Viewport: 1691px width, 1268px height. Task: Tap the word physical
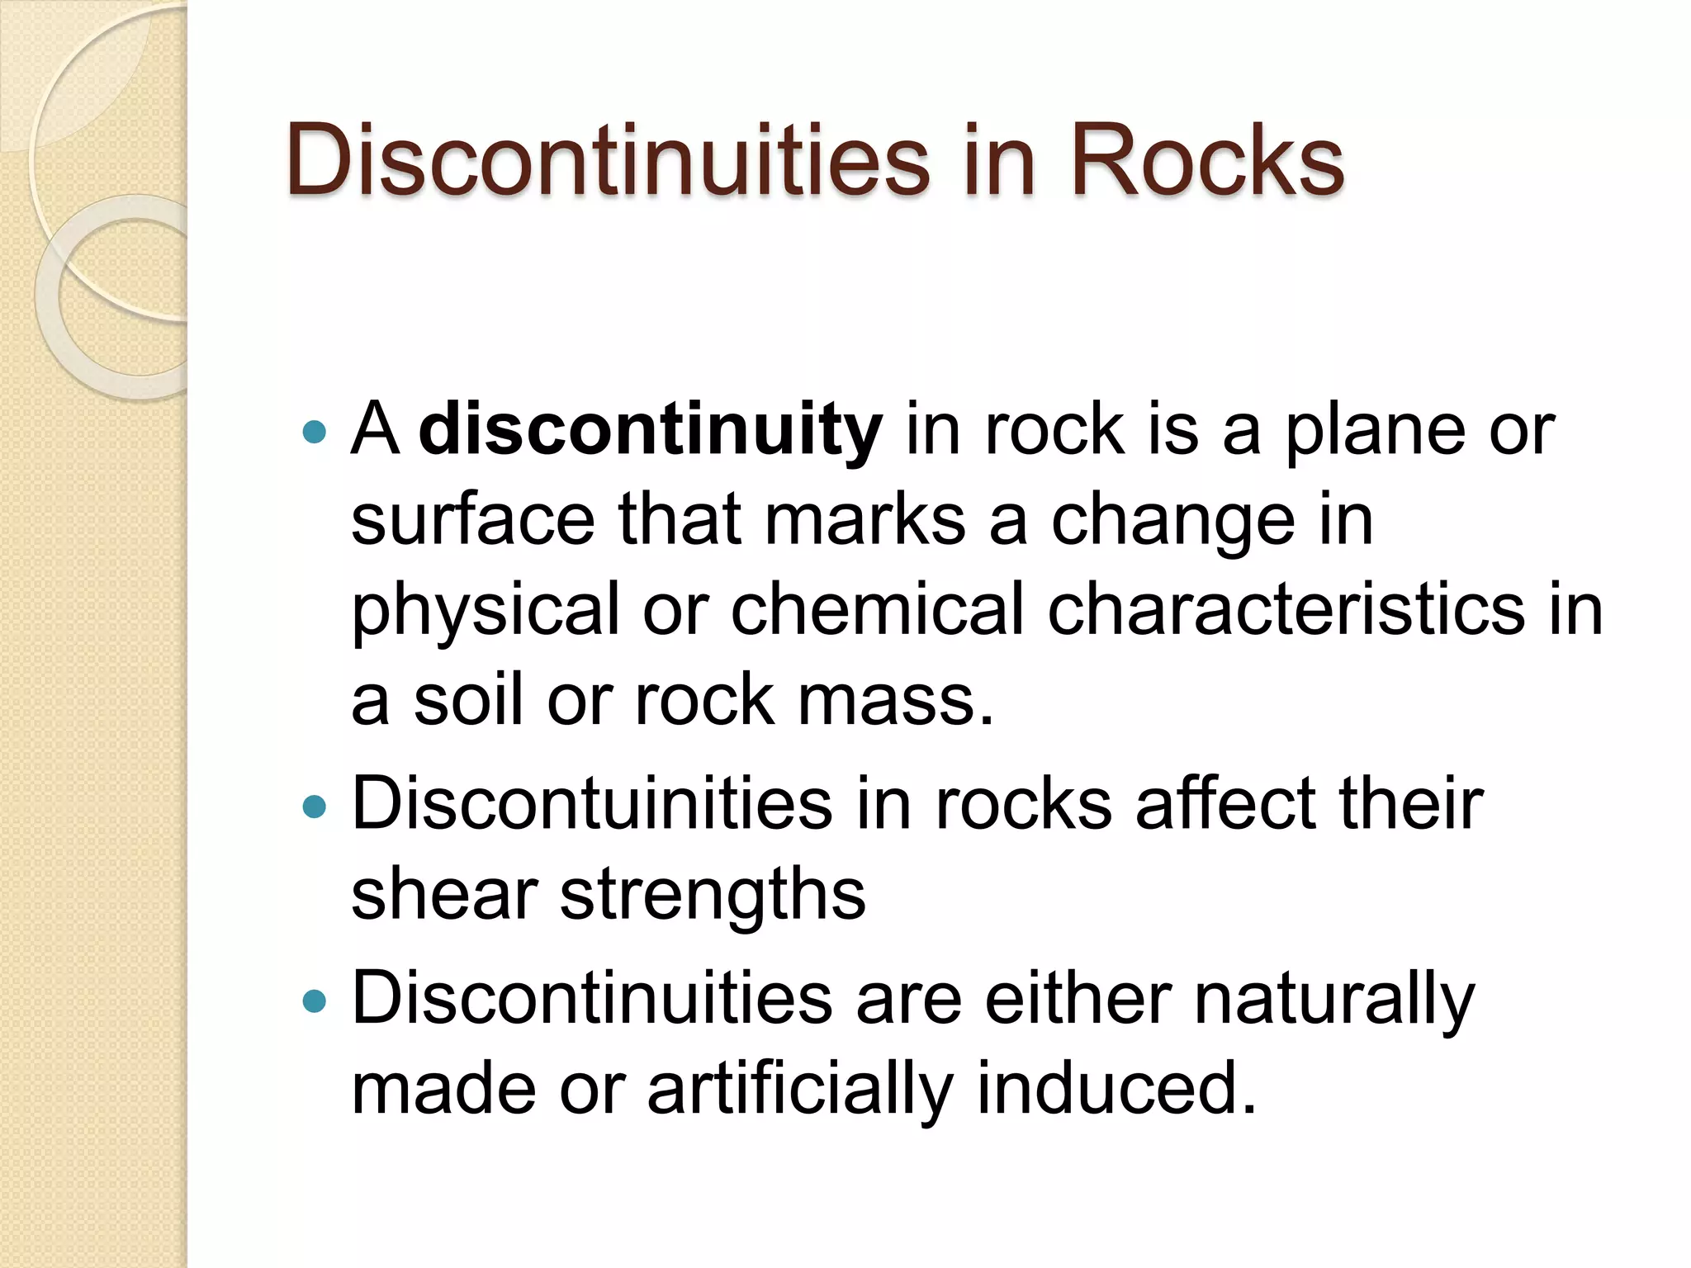point(486,611)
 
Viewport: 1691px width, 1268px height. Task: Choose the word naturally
point(1333,1001)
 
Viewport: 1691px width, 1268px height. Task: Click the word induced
point(1115,1090)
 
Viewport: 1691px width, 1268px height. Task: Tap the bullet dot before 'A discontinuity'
point(315,431)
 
